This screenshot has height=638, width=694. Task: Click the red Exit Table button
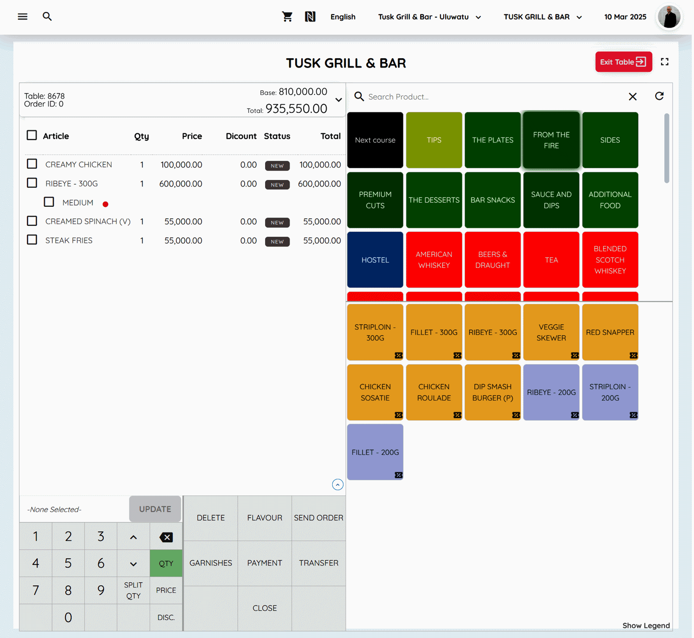(623, 62)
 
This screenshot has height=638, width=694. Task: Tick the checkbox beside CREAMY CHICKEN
(32, 164)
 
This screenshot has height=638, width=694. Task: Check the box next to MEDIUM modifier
(49, 202)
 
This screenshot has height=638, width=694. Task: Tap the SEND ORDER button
(318, 518)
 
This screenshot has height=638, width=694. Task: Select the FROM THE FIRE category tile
(551, 140)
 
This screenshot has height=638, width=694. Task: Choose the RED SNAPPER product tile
(610, 332)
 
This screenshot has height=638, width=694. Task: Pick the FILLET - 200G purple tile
(375, 452)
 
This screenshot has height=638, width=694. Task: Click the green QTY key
(166, 564)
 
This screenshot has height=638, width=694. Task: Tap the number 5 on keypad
(68, 564)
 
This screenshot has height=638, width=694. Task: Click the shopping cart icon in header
(287, 17)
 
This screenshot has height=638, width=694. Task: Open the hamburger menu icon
(23, 17)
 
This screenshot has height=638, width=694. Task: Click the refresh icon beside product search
(659, 96)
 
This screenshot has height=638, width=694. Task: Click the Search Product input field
(490, 97)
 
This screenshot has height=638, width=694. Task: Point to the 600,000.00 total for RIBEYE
(319, 184)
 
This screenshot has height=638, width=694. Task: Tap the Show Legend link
(646, 626)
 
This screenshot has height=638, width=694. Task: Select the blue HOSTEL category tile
(375, 260)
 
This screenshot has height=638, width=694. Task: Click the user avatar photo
(669, 17)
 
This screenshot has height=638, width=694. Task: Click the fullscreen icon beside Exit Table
(664, 62)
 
